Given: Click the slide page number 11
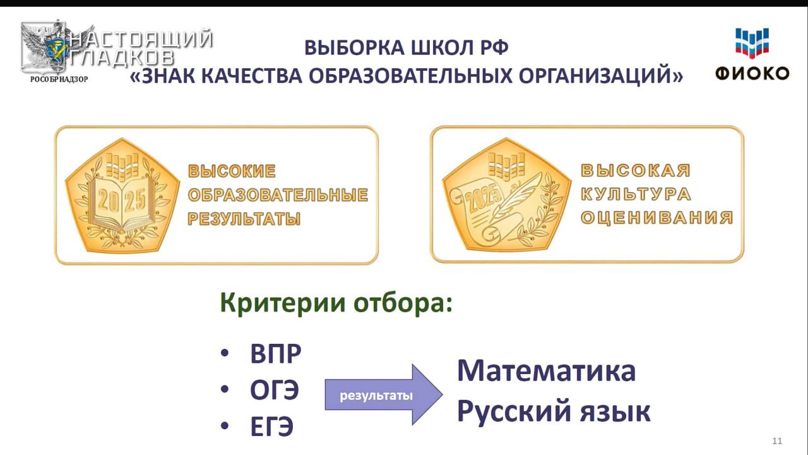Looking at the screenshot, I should [x=777, y=440].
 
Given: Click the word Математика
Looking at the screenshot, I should [x=546, y=372].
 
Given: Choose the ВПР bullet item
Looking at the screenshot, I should [x=276, y=355].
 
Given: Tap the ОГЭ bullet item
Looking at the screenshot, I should [x=275, y=391].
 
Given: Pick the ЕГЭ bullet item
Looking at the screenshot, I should [x=272, y=427].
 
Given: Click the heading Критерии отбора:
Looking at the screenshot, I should [x=336, y=303].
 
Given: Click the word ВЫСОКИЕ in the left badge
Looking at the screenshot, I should [x=232, y=171].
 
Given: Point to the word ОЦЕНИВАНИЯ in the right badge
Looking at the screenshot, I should [x=656, y=218].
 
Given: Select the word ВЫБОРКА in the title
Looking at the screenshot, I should [x=350, y=48].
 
